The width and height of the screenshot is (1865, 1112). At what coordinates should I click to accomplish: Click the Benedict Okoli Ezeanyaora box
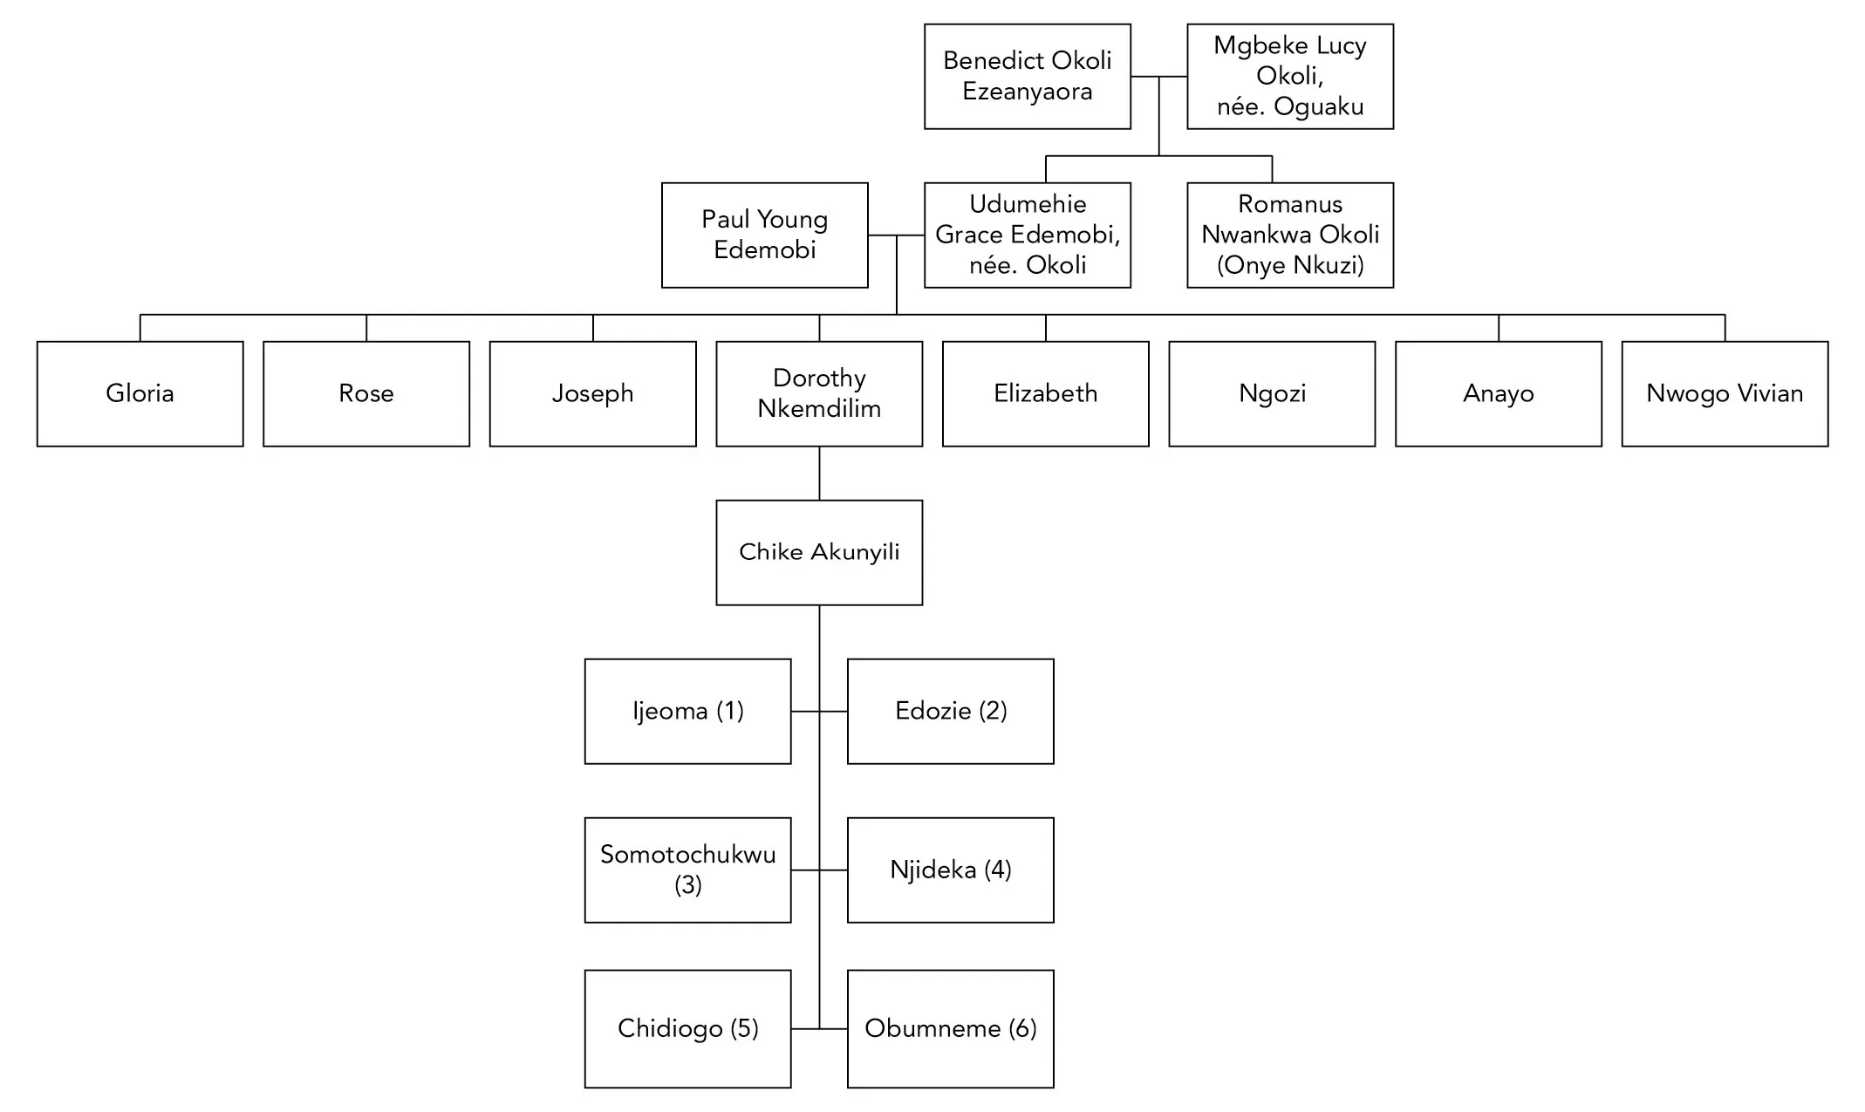(1027, 77)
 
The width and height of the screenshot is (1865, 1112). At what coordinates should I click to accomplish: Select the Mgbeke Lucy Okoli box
(1289, 77)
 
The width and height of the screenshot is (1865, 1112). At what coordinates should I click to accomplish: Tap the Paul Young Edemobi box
(764, 235)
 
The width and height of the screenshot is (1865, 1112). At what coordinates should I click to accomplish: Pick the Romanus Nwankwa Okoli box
(1289, 235)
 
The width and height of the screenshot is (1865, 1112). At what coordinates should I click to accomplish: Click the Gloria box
(140, 393)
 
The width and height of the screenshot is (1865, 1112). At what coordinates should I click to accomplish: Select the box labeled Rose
(366, 393)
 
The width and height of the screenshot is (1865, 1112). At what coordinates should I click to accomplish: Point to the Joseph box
(592, 393)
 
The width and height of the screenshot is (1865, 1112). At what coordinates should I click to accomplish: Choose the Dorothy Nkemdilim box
(819, 393)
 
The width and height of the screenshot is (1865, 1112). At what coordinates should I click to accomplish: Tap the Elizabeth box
(1045, 393)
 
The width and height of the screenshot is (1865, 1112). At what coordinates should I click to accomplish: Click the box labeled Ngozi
(1272, 393)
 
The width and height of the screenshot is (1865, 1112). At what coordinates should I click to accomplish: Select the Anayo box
(1498, 393)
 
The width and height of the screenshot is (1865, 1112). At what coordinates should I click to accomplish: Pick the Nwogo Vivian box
(1725, 393)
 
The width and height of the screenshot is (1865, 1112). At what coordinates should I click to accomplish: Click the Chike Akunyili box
(819, 552)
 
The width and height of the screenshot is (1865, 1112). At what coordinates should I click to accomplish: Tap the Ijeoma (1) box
(687, 711)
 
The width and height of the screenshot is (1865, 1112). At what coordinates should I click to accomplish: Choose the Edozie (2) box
(950, 711)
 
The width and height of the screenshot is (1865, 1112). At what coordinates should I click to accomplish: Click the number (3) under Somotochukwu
(687, 885)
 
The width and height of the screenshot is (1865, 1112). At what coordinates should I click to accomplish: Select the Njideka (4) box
(950, 870)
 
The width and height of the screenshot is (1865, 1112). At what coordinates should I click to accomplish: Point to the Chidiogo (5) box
(687, 1028)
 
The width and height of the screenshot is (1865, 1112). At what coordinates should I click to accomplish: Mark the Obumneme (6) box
(950, 1028)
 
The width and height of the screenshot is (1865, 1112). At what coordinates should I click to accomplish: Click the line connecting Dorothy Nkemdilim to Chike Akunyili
(819, 474)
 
